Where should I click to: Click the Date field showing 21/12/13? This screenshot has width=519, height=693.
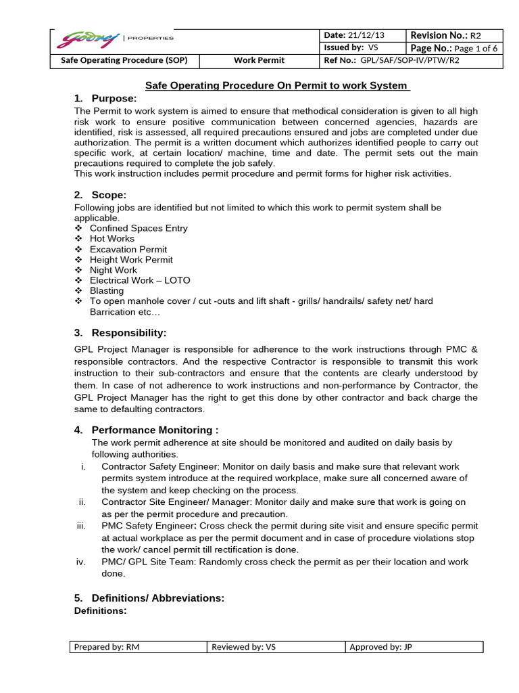pyautogui.click(x=362, y=35)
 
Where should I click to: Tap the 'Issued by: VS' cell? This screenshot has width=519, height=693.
pyautogui.click(x=362, y=47)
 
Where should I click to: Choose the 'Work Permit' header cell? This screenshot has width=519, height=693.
pyautogui.click(x=259, y=61)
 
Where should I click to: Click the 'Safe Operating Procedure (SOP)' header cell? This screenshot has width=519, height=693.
pyautogui.click(x=129, y=61)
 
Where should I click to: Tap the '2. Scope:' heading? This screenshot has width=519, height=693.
pyautogui.click(x=101, y=195)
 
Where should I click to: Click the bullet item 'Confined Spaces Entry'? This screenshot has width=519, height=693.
pyautogui.click(x=139, y=228)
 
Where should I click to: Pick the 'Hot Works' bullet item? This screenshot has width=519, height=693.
pyautogui.click(x=112, y=239)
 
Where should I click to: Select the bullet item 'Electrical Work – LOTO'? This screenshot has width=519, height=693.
pyautogui.click(x=140, y=280)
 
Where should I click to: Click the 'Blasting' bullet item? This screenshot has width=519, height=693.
pyautogui.click(x=107, y=291)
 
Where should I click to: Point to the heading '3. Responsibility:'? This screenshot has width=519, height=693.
pyautogui.click(x=120, y=333)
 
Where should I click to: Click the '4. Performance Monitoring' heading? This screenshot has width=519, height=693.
pyautogui.click(x=146, y=430)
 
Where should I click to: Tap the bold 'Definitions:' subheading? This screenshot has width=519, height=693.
pyautogui.click(x=100, y=611)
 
